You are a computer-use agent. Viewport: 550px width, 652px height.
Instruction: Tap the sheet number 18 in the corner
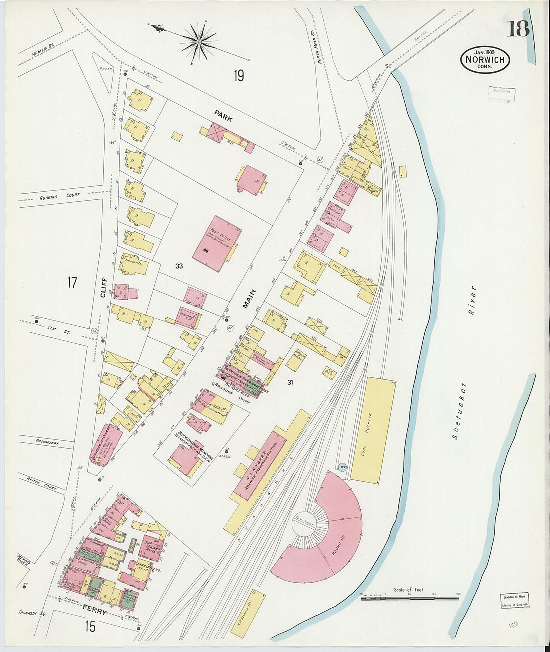[518, 29]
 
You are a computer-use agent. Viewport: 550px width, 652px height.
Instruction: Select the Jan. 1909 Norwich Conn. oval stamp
[485, 59]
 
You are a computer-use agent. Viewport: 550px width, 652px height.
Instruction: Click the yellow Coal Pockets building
[373, 430]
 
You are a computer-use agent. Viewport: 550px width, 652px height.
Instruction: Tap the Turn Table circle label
[304, 518]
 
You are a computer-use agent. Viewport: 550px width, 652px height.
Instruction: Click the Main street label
[249, 298]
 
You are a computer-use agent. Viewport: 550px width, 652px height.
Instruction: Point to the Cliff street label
[104, 288]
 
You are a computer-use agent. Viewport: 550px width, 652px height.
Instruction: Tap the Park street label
[223, 115]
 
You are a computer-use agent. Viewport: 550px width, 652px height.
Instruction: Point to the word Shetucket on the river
[459, 411]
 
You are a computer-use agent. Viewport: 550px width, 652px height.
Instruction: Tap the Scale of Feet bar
[409, 598]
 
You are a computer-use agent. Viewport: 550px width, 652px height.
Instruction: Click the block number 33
[179, 266]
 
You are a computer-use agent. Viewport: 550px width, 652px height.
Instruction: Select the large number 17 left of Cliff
[72, 282]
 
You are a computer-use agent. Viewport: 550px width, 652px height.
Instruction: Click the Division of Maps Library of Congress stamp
[514, 600]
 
